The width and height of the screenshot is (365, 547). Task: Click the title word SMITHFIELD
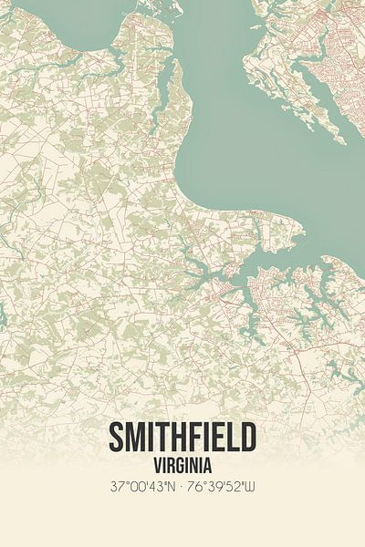(182, 438)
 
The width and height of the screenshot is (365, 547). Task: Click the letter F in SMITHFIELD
(196, 438)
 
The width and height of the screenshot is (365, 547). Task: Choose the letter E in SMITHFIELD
(219, 438)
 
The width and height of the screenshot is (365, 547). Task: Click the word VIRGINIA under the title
(182, 462)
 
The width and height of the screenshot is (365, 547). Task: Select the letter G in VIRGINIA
(179, 462)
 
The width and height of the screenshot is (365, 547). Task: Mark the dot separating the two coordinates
(182, 486)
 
